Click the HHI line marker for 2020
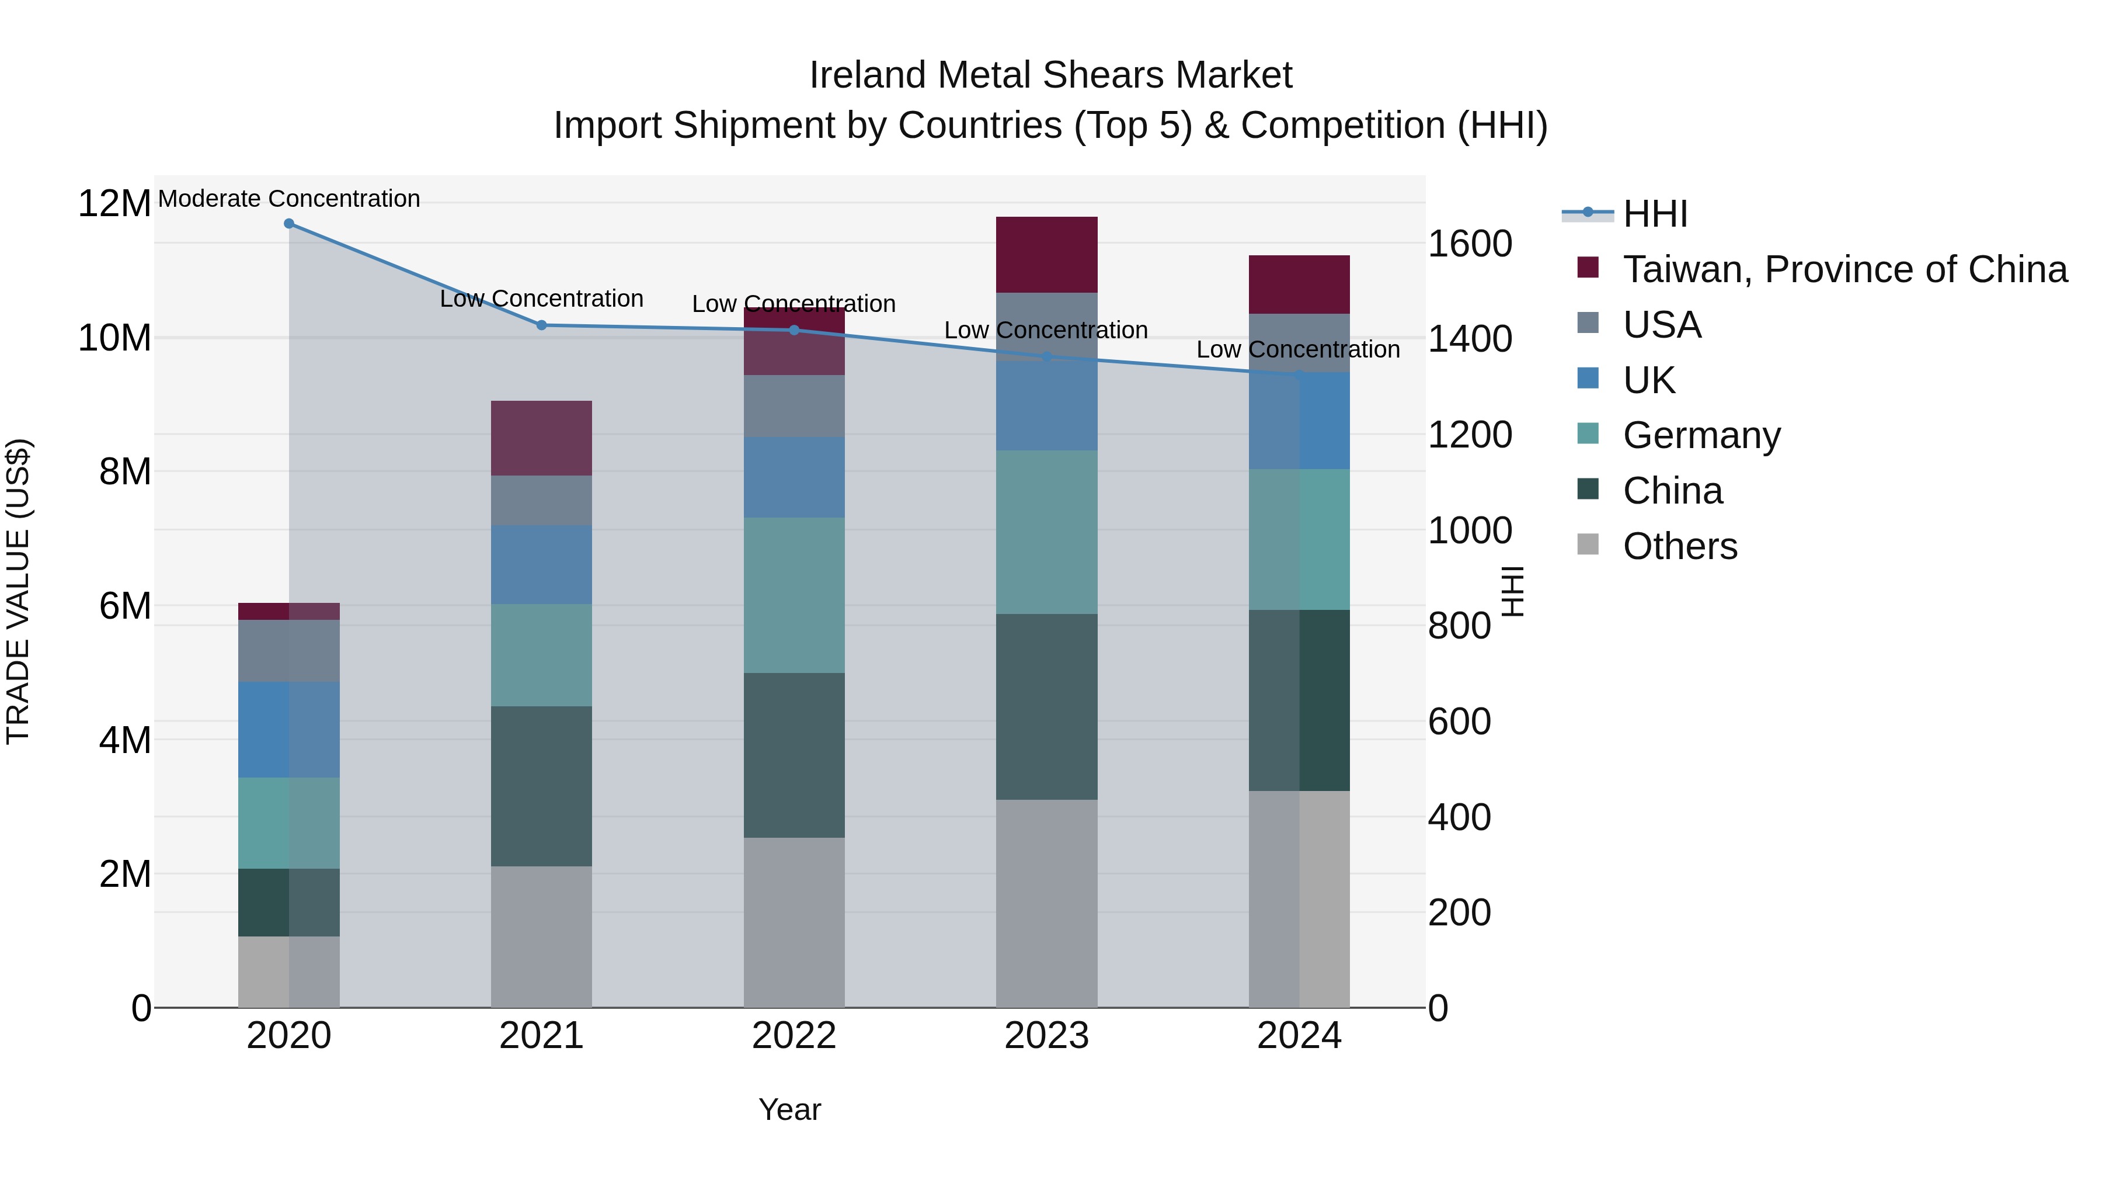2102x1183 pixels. pos(289,224)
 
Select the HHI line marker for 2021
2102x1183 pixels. pos(541,325)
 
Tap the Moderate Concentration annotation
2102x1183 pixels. pos(289,199)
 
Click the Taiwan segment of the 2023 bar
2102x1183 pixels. pos(1046,255)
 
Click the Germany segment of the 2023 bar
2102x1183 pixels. pos(1046,532)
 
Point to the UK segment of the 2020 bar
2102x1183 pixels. pos(289,729)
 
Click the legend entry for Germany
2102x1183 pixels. pos(1701,435)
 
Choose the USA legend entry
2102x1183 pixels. pos(1661,325)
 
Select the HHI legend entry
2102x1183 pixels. pos(1655,214)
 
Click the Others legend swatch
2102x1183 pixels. pos(1588,544)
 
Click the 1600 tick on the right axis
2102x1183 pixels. pos(1470,243)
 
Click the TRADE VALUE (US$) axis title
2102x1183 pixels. pos(18,591)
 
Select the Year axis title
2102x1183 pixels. pos(789,1109)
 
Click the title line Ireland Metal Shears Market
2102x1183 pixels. pos(1050,75)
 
